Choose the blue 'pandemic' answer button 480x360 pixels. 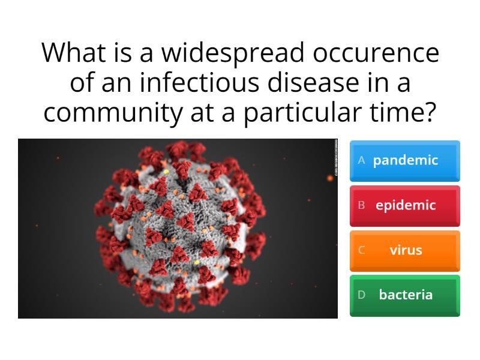click(x=405, y=161)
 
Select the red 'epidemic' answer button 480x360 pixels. click(x=405, y=206)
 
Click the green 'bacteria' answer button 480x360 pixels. click(x=405, y=295)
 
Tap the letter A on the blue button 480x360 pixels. click(x=361, y=160)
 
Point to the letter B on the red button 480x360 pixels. click(x=361, y=205)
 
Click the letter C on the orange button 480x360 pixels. click(x=361, y=250)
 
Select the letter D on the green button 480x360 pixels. click(x=361, y=295)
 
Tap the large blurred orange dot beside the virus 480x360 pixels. click(x=329, y=177)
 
